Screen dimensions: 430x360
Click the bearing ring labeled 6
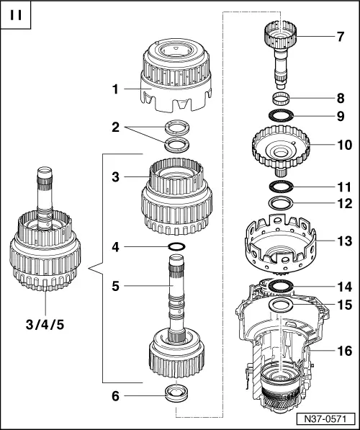pos(176,393)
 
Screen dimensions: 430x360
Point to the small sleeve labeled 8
pos(282,99)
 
